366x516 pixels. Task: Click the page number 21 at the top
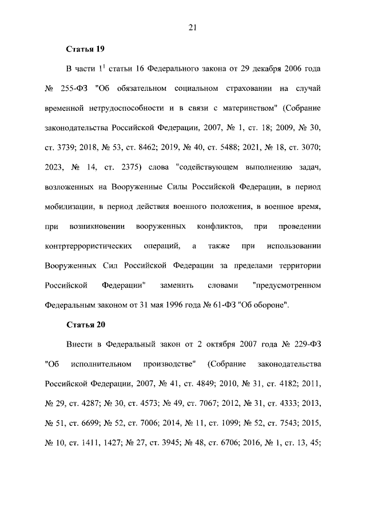[x=193, y=25]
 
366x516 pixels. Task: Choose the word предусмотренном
[x=287, y=285]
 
